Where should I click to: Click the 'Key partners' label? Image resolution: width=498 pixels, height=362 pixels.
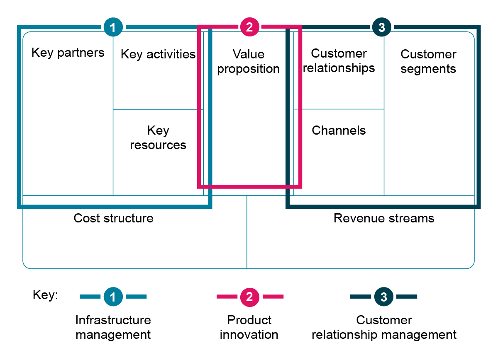click(x=68, y=53)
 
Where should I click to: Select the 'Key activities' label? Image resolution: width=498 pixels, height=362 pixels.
click(x=158, y=54)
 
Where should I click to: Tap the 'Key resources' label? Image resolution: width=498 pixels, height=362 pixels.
click(x=158, y=138)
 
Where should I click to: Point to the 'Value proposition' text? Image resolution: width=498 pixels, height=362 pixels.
click(x=249, y=61)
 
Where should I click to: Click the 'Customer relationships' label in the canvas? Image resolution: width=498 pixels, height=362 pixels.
click(x=339, y=60)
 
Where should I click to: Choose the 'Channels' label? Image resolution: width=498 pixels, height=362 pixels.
click(x=339, y=130)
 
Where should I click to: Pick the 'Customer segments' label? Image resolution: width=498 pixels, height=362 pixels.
click(x=428, y=61)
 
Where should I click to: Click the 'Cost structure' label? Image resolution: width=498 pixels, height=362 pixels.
click(x=113, y=218)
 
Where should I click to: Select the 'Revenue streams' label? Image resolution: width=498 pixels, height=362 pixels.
click(x=383, y=218)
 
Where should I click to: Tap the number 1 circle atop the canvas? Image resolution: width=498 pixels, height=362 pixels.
click(x=113, y=27)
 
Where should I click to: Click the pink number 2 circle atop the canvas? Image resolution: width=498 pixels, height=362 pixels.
click(x=249, y=27)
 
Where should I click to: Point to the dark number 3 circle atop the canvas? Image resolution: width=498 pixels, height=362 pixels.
click(x=382, y=27)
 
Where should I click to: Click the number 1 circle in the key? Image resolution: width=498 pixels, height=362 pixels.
click(x=113, y=297)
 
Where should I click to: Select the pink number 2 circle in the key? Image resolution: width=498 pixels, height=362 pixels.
click(x=249, y=297)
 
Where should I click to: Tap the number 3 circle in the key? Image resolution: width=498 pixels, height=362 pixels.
click(x=384, y=297)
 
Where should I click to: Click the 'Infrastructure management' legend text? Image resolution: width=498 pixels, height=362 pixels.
click(x=113, y=327)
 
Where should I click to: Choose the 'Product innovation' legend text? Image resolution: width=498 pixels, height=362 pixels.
click(x=249, y=327)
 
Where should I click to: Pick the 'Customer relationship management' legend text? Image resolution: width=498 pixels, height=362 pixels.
click(x=384, y=327)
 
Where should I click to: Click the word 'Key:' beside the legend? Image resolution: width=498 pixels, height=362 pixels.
click(x=46, y=295)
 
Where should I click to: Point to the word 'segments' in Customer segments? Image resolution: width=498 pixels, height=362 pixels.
click(x=428, y=69)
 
